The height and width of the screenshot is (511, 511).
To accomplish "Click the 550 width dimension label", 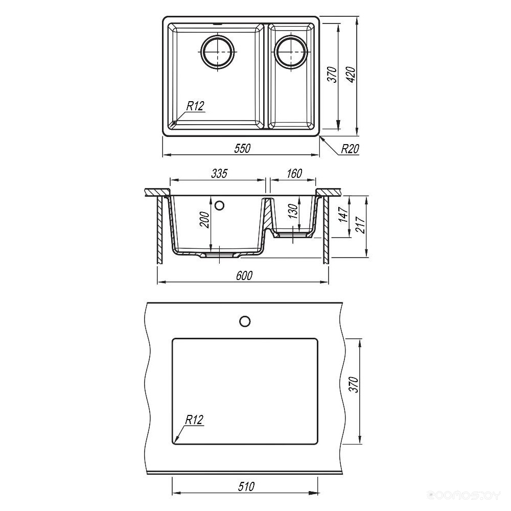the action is (242, 149).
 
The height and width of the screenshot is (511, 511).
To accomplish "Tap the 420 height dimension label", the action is (352, 75).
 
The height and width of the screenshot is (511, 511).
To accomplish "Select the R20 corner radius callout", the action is (350, 149).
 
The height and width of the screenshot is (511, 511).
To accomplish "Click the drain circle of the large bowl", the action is (217, 53).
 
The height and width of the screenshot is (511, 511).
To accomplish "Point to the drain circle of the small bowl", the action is (291, 53).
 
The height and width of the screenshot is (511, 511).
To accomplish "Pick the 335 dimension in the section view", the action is (219, 174).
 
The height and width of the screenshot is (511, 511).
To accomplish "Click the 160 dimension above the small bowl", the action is (294, 174).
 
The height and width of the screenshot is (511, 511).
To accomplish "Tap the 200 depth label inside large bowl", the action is (204, 220).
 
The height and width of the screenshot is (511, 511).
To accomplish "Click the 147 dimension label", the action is (343, 215).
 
